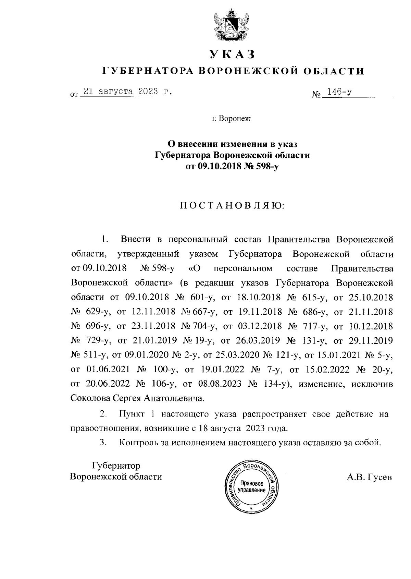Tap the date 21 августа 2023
[121, 92]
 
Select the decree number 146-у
[340, 92]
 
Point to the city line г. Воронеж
[231, 119]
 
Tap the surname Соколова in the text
[90, 398]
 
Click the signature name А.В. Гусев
[369, 477]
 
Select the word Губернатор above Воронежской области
[116, 466]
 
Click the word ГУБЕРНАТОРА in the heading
[148, 71]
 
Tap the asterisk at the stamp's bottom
[251, 508]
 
